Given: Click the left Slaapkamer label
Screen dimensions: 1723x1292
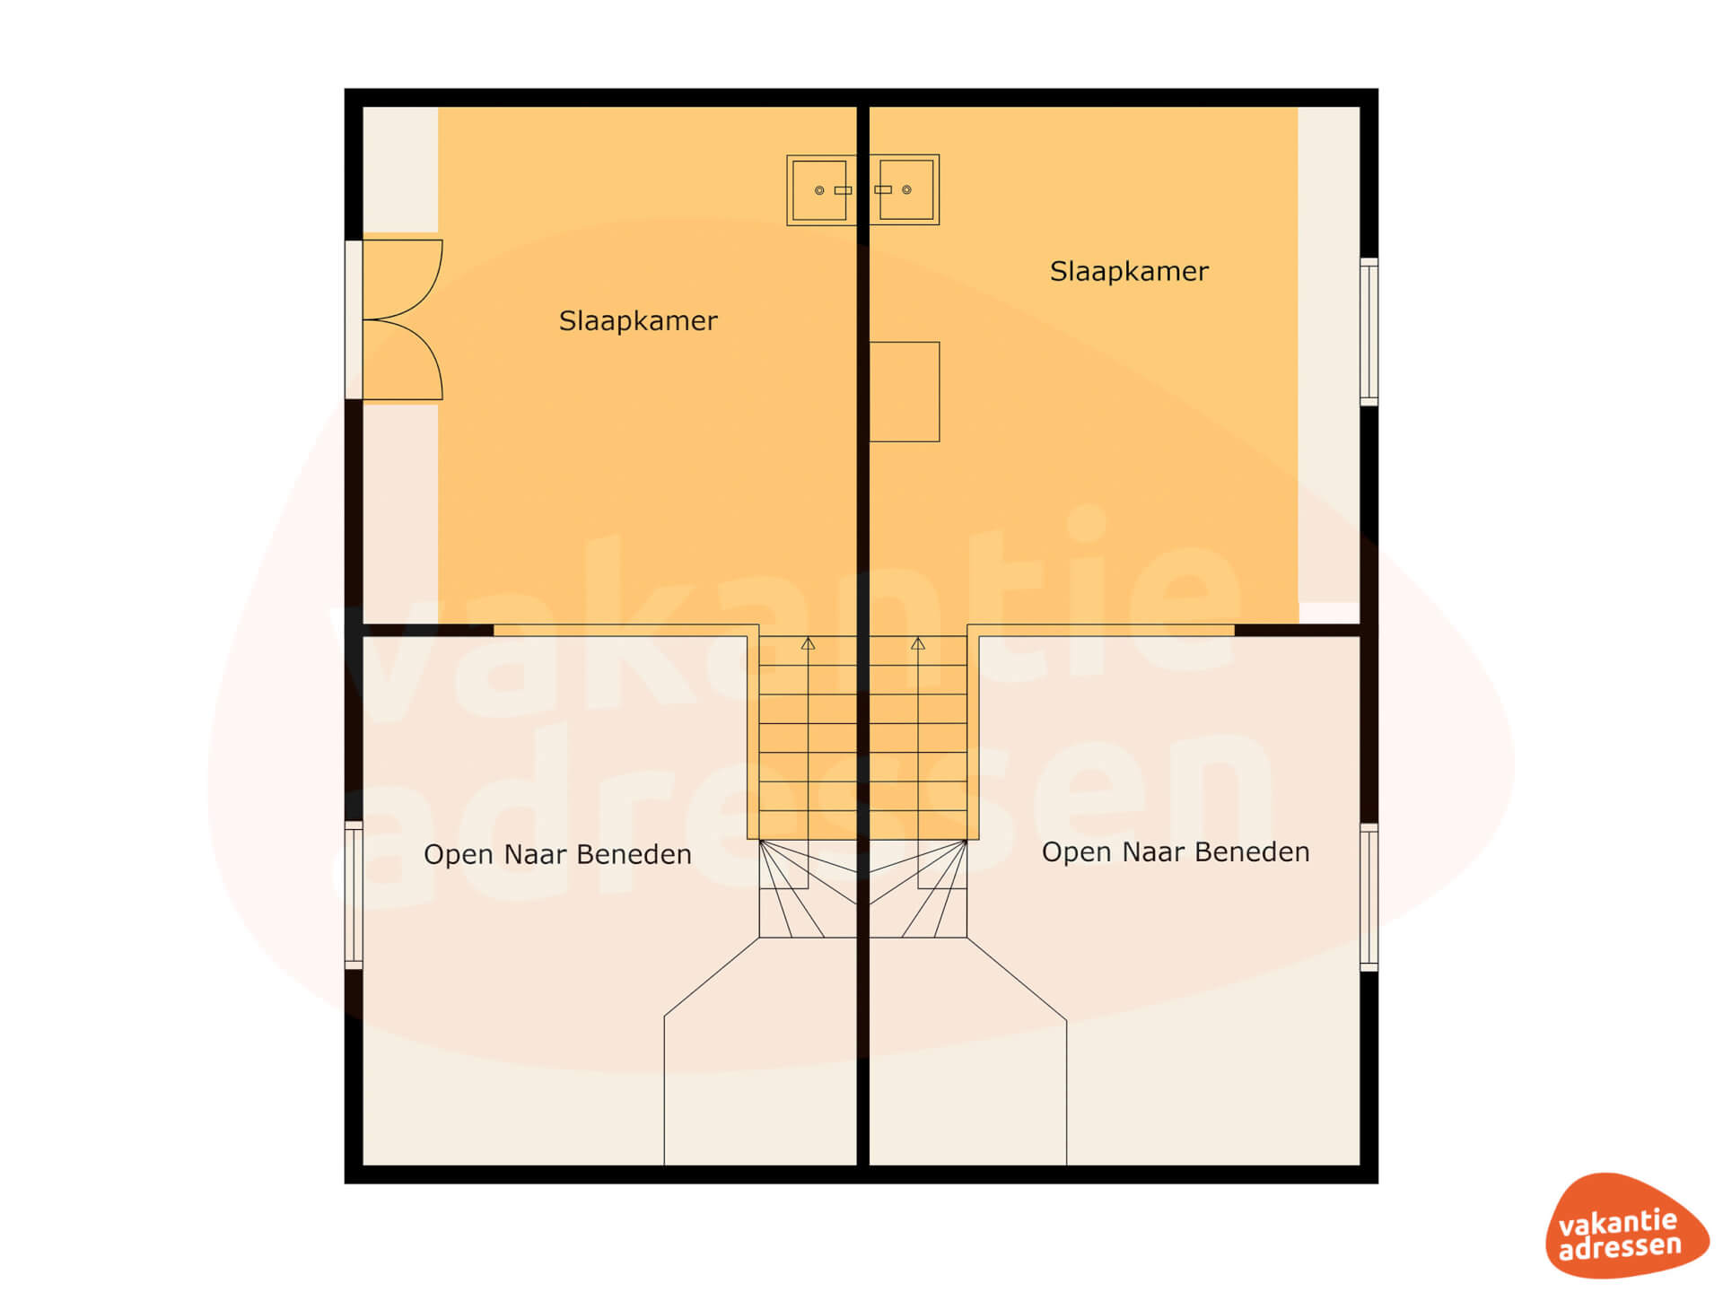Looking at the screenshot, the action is (x=638, y=321).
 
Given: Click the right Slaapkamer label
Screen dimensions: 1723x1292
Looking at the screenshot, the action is (x=1129, y=272).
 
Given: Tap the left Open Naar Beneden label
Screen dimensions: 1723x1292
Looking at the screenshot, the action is (x=557, y=854).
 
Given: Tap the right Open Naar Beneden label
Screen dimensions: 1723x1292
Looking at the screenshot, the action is (x=1176, y=851).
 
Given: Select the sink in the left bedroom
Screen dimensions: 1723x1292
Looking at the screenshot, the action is (x=821, y=190).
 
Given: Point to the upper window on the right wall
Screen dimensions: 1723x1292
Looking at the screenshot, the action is (x=1369, y=331).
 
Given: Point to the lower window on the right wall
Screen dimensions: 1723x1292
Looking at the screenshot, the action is (x=1369, y=897).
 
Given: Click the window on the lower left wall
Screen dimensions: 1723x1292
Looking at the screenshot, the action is (x=354, y=895).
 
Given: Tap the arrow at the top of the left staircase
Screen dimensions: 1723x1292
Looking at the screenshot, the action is (x=808, y=643).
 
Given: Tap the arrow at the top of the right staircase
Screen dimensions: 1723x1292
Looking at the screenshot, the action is (x=918, y=643).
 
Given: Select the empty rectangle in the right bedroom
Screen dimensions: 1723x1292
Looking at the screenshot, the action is (x=905, y=392).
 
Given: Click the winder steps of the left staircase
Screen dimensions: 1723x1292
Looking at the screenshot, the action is (x=808, y=889).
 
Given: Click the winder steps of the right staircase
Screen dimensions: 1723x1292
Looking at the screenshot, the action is (x=918, y=889).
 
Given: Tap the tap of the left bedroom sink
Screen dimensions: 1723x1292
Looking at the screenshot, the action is (x=843, y=190).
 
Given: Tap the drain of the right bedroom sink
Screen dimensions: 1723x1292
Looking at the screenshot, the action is (x=906, y=189).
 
